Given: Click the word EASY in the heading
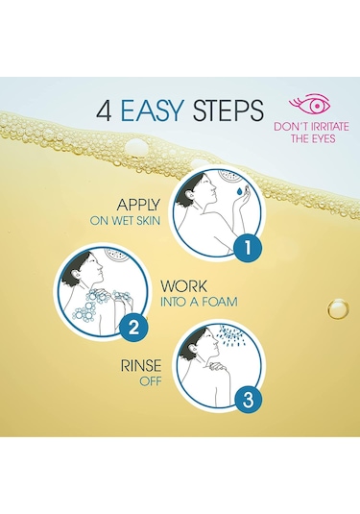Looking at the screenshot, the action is click(152, 110).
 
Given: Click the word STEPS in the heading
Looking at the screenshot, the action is click(228, 110).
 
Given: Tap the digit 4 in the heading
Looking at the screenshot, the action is click(104, 110).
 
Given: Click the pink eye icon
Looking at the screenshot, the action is click(309, 103).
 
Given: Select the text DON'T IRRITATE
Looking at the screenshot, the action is click(311, 127).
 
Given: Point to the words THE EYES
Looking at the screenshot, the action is click(313, 138).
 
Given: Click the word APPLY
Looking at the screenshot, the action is click(138, 205).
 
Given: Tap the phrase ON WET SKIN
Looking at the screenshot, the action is click(125, 221).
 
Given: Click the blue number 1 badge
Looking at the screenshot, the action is click(248, 248).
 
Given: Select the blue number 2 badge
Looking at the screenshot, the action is click(133, 327).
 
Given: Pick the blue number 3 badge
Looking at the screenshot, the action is click(248, 400).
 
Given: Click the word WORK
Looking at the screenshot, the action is click(183, 286).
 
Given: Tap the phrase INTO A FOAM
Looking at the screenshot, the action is click(199, 302).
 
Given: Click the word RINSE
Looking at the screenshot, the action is click(141, 366).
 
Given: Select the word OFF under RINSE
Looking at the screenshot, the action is click(151, 381).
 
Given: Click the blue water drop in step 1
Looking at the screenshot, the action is click(240, 190).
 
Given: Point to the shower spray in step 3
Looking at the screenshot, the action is click(233, 335).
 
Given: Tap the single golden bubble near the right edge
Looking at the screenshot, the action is click(338, 308).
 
